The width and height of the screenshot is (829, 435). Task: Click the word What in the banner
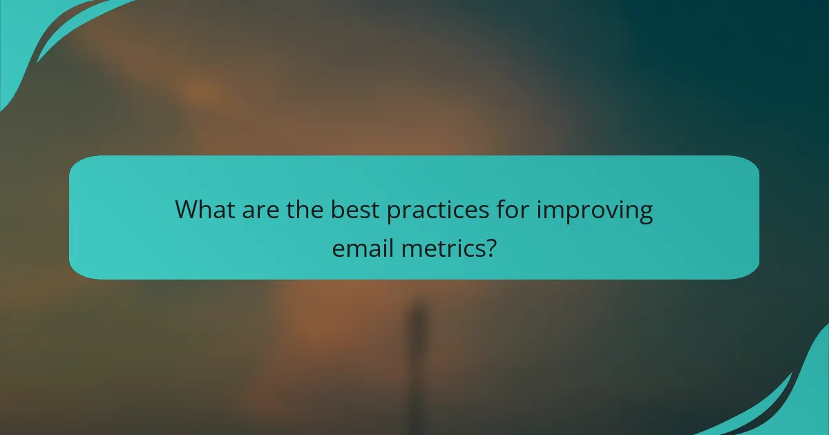[x=205, y=209]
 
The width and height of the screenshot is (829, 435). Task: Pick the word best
[x=356, y=209]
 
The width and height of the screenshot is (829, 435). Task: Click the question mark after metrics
[x=490, y=247]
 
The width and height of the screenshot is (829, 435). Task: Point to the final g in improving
[x=644, y=213]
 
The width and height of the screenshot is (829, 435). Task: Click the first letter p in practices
[x=394, y=213]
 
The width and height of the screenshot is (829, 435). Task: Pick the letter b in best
[x=336, y=209]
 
